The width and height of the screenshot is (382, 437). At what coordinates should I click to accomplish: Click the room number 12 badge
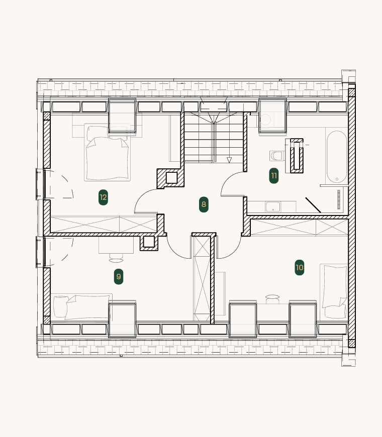103,197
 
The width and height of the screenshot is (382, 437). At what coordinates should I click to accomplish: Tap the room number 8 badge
204,204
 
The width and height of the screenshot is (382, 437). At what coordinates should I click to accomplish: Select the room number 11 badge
274,176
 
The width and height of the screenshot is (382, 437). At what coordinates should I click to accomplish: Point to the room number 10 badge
300,268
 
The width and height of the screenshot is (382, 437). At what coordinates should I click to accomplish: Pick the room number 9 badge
119,276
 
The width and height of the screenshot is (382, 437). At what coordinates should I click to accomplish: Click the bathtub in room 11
337,157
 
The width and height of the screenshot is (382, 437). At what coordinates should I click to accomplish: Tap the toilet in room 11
276,156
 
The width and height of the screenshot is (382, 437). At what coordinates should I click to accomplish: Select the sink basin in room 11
273,207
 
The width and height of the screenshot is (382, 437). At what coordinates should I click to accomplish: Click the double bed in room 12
108,153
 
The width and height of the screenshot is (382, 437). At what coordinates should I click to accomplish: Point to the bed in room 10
334,292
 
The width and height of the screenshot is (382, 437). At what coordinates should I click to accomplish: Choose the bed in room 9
81,306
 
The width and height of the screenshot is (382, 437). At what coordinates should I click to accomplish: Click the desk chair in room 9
116,258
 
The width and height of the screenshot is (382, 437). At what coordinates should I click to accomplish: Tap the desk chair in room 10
272,299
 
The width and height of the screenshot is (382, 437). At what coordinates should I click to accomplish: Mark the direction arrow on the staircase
229,160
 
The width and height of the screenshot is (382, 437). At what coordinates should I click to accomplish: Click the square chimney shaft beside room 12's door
171,178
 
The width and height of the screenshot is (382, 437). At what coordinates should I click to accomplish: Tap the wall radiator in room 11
339,199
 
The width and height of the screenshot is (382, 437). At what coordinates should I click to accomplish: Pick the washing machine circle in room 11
266,120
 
